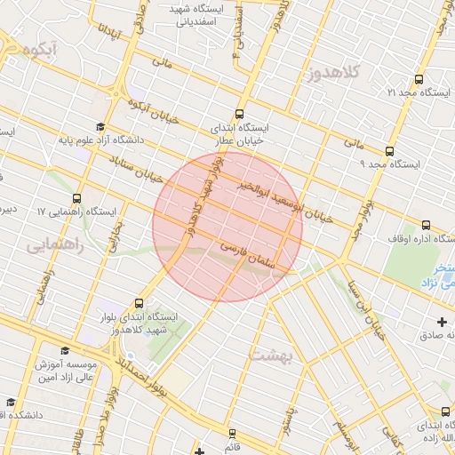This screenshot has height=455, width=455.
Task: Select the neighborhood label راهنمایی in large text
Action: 55,243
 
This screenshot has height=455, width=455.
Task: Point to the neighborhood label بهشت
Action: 268,355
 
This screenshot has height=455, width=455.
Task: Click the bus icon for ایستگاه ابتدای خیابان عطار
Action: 238,114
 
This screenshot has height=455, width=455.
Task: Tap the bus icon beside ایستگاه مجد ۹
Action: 388,150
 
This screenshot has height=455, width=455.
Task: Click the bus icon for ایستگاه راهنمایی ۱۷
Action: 76,198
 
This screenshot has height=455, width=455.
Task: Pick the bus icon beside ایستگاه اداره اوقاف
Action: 426,225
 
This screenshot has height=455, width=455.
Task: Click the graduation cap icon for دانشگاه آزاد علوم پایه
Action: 100,127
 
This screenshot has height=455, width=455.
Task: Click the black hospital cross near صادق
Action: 443,321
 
